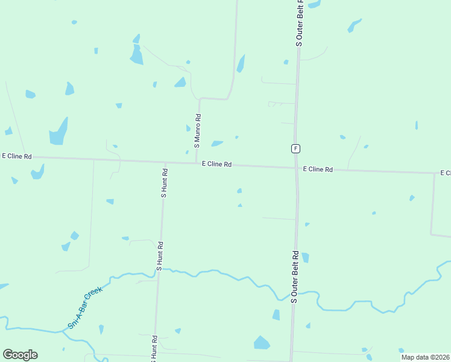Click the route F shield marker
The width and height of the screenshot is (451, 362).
[295, 148]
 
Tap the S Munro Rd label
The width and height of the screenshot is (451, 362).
[197, 132]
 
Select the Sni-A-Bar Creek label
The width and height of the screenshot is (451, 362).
[85, 308]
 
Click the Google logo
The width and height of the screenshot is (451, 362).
[20, 355]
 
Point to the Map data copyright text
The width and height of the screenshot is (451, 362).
[425, 357]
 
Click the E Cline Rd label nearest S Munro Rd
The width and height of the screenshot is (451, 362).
[216, 164]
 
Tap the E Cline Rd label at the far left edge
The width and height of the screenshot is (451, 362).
[16, 156]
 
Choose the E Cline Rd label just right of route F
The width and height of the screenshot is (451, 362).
[318, 170]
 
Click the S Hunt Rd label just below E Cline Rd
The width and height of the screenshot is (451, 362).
[164, 183]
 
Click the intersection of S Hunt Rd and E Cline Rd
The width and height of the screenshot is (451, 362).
[165, 162]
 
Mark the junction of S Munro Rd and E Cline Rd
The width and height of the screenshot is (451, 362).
[197, 164]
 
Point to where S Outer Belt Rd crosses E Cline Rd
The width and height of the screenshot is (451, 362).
[297, 168]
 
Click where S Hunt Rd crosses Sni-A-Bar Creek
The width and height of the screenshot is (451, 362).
[158, 271]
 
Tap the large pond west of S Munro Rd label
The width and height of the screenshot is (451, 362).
[58, 132]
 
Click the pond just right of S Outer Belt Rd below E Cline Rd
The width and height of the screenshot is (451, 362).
[305, 258]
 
